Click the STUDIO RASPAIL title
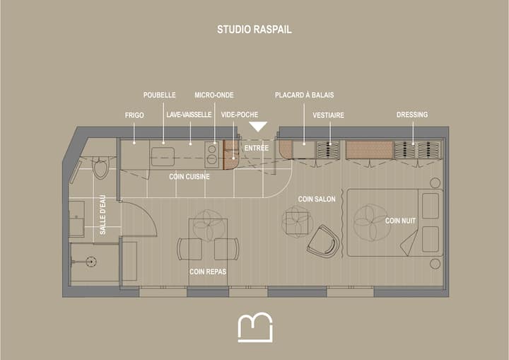coord(255,30)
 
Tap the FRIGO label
coord(134,115)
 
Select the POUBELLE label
coord(159,95)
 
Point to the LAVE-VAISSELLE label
coord(189,115)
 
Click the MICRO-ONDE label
coord(214,95)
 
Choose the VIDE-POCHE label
coord(240,115)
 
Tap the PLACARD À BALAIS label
coord(305,95)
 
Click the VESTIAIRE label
coord(329,115)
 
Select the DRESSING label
coord(412,115)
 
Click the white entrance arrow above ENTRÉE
coord(258,126)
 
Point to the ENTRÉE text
coord(257,148)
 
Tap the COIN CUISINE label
coord(189,177)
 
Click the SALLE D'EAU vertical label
coord(103,215)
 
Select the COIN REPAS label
coord(208,272)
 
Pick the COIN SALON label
coord(317,199)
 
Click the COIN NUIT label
coord(400,221)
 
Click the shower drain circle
coord(91,261)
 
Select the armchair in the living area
coord(323,241)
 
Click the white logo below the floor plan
coord(255,327)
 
